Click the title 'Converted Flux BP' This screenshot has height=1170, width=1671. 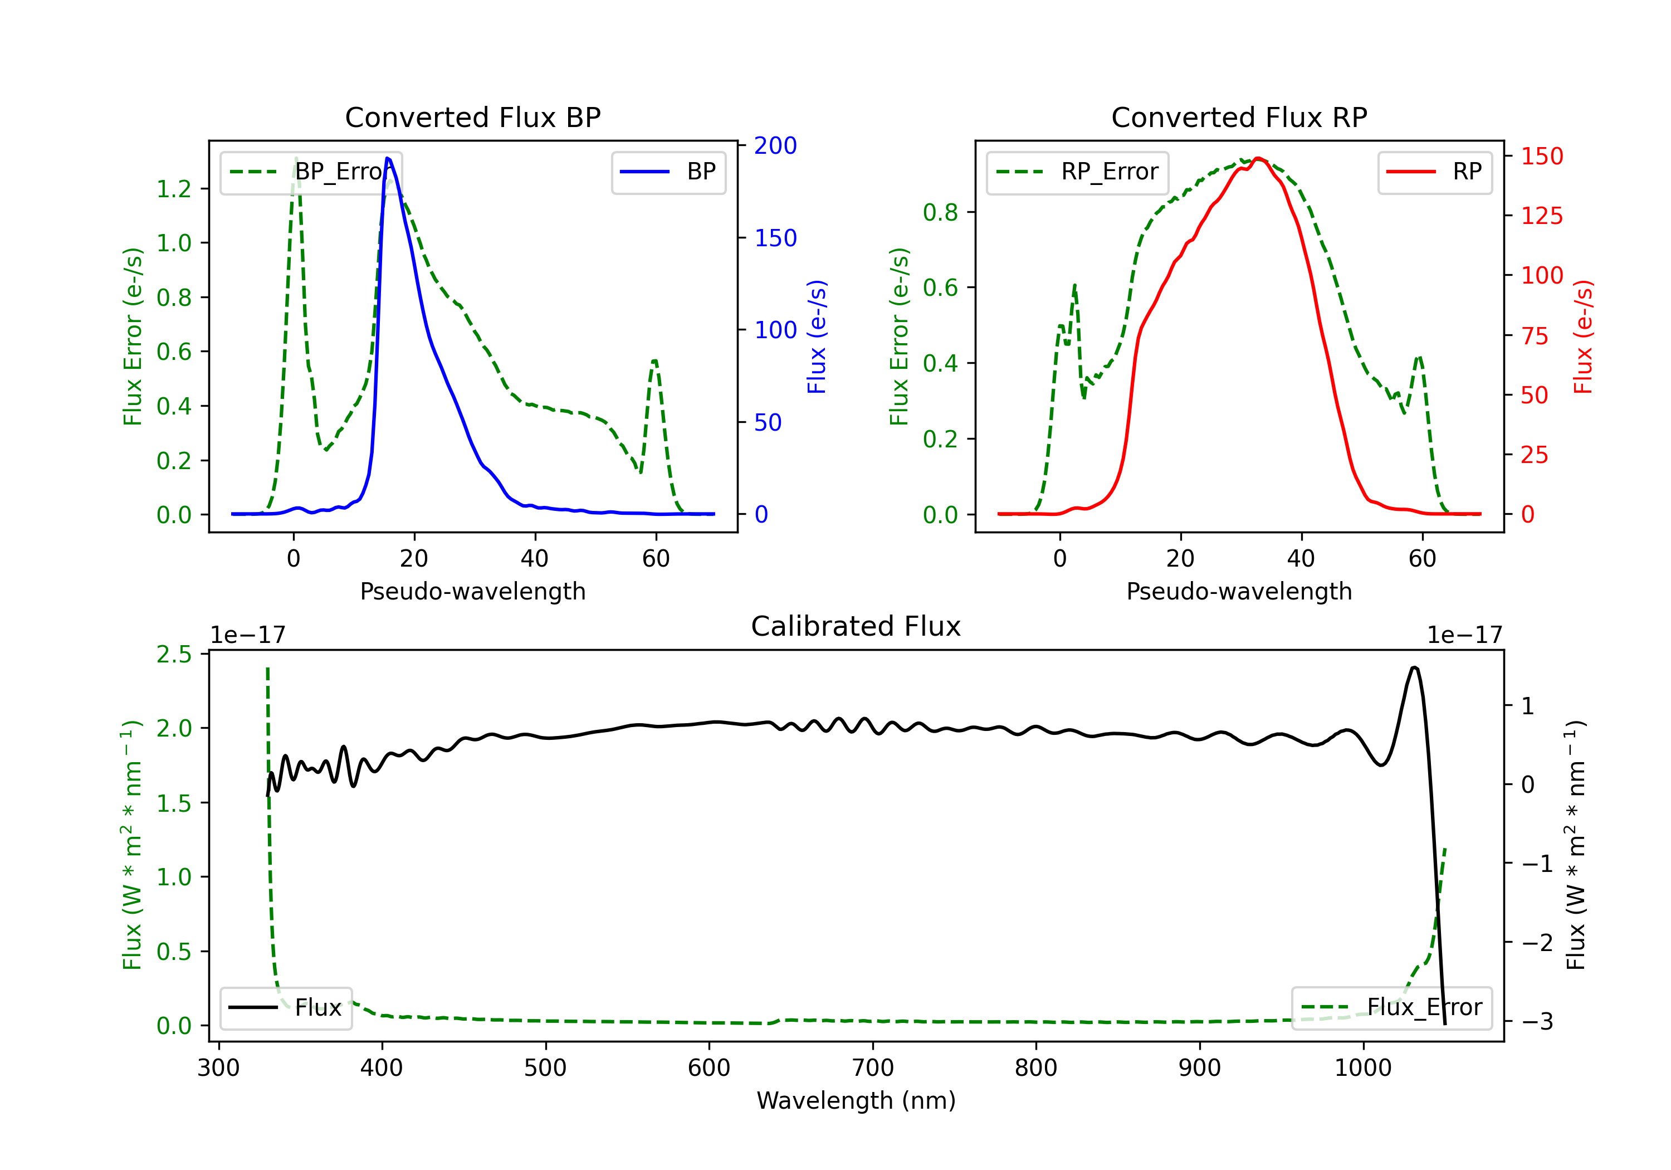tap(472, 117)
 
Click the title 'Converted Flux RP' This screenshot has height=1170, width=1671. tap(1239, 117)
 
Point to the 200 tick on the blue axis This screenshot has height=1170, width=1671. tap(775, 145)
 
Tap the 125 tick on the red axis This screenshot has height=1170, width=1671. tap(1541, 216)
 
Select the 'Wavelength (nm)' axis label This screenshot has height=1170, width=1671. tap(856, 1100)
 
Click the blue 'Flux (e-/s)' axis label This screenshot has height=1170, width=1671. tap(817, 337)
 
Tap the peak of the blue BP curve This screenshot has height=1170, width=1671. tap(387, 158)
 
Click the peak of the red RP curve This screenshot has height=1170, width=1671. tap(1258, 158)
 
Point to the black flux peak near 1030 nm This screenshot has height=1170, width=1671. tap(1413, 667)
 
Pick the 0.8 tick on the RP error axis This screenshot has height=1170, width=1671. tap(940, 213)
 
